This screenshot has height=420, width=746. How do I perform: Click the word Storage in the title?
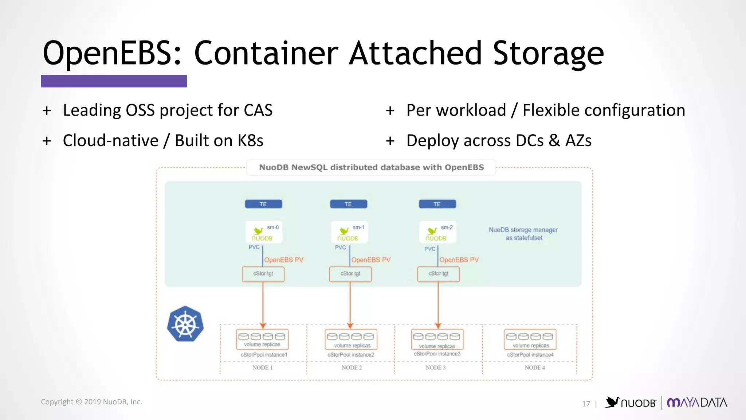pyautogui.click(x=548, y=54)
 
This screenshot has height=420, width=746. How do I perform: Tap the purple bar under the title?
pyautogui.click(x=114, y=81)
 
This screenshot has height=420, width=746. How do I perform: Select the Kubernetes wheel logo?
pyautogui.click(x=185, y=324)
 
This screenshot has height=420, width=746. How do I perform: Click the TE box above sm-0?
pyautogui.click(x=263, y=204)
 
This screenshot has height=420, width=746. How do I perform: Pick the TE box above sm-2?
pyautogui.click(x=437, y=204)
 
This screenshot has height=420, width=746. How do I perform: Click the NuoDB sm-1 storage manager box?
pyautogui.click(x=349, y=232)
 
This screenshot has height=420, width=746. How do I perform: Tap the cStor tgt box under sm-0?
pyautogui.click(x=263, y=274)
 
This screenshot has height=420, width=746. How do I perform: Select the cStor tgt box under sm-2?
pyautogui.click(x=438, y=274)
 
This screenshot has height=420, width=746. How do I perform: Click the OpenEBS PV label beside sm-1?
pyautogui.click(x=371, y=260)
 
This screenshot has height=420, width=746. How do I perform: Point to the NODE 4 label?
pyautogui.click(x=534, y=367)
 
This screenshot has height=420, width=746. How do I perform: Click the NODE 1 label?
pyautogui.click(x=262, y=367)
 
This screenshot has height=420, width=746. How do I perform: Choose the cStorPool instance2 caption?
pyautogui.click(x=350, y=355)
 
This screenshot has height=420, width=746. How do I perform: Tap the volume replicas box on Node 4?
pyautogui.click(x=530, y=339)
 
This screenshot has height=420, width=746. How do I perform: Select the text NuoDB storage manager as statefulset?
pyautogui.click(x=523, y=234)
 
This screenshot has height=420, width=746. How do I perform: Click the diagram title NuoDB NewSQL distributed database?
pyautogui.click(x=371, y=167)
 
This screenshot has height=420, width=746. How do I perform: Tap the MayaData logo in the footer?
pyautogui.click(x=696, y=402)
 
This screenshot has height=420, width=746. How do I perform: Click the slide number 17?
pyautogui.click(x=586, y=404)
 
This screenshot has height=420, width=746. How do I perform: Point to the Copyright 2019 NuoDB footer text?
pyautogui.click(x=91, y=402)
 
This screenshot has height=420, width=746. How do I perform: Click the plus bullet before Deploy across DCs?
pyautogui.click(x=390, y=141)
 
